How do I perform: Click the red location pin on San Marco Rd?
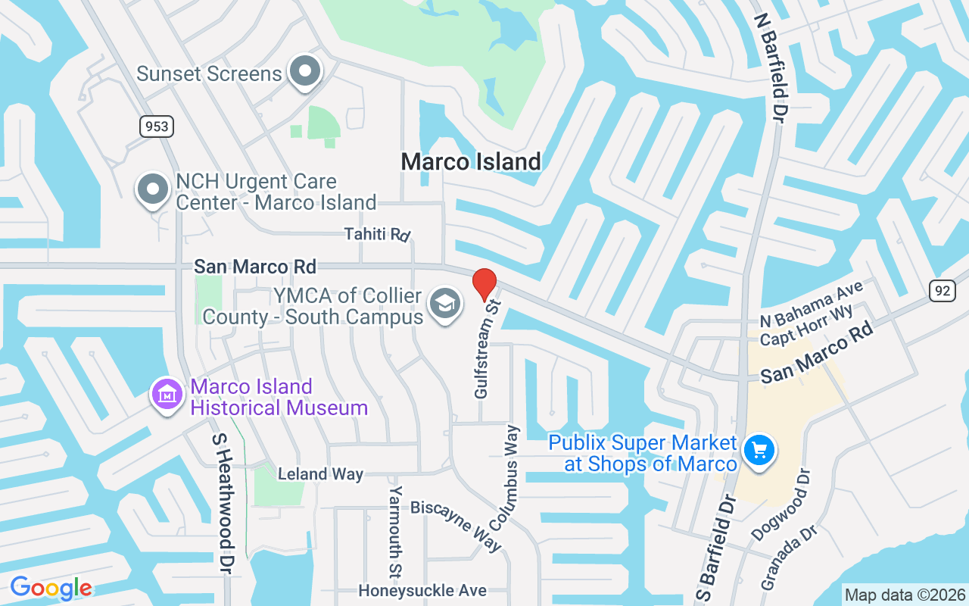point(484,284)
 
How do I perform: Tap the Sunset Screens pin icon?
point(306,72)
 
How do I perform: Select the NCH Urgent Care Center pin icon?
point(152,189)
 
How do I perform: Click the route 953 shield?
point(157,126)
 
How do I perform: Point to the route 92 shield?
point(943,289)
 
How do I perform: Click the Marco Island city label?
point(471,161)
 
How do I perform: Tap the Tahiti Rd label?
point(376,233)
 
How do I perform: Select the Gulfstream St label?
point(488,349)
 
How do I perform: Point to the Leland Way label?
point(320,474)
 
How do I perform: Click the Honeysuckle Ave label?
point(422,590)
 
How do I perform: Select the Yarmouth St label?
point(395,531)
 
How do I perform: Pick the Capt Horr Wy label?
point(806,326)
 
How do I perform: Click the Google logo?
point(51,588)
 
